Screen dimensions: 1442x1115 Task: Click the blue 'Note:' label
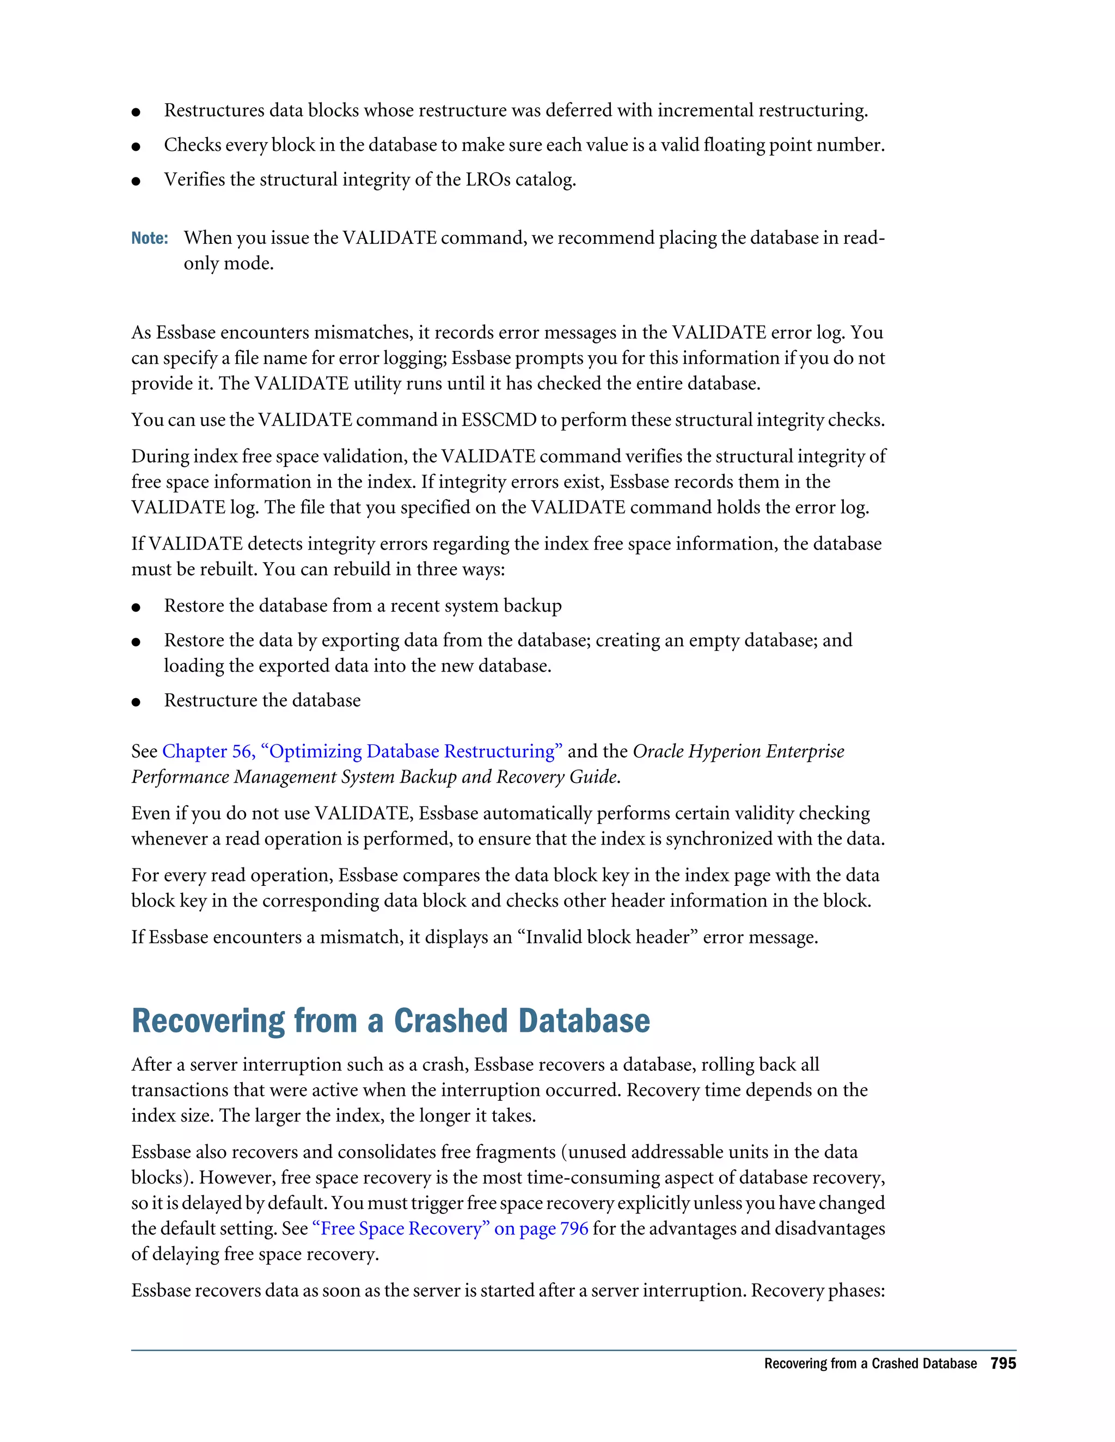(x=149, y=238)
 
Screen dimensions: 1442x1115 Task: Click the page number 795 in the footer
(x=1003, y=1364)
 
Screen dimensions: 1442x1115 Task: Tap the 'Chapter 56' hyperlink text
(x=207, y=751)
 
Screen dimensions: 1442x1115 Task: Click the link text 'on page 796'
(x=541, y=1229)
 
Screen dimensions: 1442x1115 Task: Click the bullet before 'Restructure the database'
(x=136, y=702)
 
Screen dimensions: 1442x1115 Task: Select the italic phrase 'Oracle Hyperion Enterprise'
(x=738, y=751)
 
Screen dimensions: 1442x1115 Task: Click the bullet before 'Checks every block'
(x=136, y=146)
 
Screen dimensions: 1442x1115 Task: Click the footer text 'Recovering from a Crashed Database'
(x=870, y=1364)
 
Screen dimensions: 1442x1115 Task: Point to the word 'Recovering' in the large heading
(x=208, y=1021)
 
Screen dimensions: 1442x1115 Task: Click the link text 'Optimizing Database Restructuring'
(x=412, y=751)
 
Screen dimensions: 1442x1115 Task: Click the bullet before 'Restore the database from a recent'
(x=136, y=607)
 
